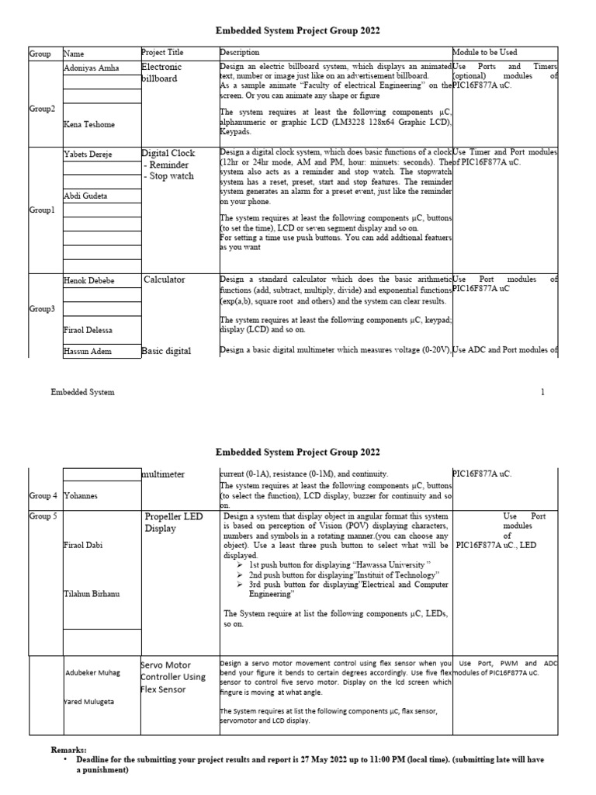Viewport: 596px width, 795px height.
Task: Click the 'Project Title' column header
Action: pos(162,53)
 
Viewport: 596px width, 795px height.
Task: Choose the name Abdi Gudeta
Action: pos(85,196)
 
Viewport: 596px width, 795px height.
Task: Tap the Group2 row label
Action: pos(42,109)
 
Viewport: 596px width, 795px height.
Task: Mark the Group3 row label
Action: pos(42,309)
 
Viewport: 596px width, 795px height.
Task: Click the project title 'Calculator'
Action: pos(165,279)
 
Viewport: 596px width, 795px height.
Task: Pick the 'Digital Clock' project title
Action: pos(168,153)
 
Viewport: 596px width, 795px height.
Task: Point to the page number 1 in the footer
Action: pos(543,393)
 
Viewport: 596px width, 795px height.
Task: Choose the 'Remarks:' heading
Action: pos(69,750)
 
